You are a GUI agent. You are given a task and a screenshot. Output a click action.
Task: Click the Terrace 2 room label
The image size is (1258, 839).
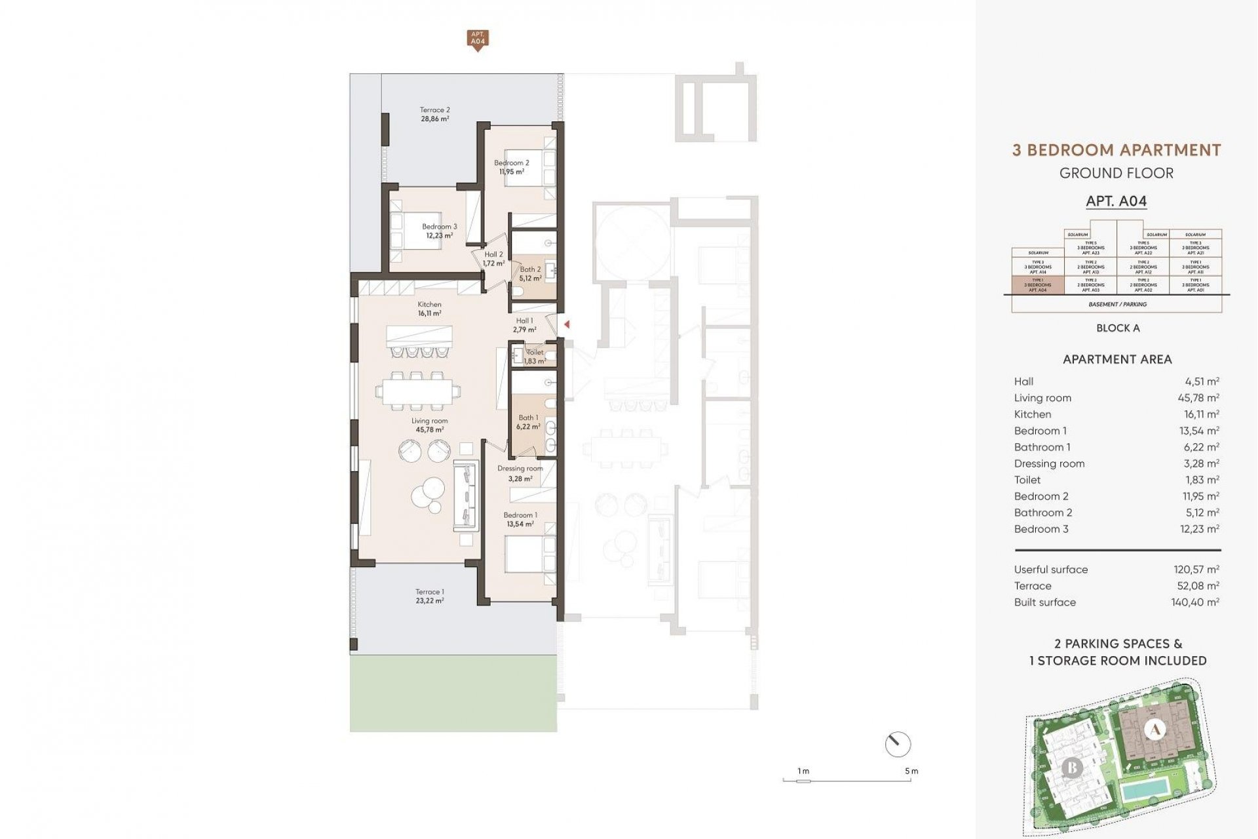coord(434,110)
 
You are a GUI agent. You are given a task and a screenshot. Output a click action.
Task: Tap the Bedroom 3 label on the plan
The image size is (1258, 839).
coord(439,227)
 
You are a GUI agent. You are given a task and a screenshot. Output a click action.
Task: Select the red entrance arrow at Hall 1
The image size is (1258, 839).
coord(567,324)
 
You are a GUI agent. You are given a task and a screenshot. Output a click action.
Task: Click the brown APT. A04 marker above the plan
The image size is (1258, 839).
coord(478,39)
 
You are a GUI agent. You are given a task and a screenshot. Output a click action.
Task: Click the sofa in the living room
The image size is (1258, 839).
coord(465,496)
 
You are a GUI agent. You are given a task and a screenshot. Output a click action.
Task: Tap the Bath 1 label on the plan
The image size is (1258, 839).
coord(527,418)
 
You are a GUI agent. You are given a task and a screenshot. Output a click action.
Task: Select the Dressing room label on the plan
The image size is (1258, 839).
coord(520,469)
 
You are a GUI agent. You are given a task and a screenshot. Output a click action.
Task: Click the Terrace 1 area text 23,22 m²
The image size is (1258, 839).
coord(429,601)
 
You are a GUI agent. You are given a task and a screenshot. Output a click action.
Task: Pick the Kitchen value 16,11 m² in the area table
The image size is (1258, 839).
coord(1200,414)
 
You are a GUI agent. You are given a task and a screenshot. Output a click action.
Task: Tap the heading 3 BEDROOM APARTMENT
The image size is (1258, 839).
coord(1116,150)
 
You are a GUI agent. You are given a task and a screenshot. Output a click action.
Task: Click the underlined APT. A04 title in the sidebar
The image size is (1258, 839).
coord(1116,201)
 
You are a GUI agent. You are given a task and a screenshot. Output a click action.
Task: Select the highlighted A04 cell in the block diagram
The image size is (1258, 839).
coord(1038,285)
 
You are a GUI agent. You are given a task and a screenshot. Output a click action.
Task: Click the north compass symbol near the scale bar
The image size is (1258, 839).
coord(898,745)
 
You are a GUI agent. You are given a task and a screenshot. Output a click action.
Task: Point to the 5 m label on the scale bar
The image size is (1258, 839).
coord(911,771)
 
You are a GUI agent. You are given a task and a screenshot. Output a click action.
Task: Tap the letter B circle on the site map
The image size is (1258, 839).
coord(1072,767)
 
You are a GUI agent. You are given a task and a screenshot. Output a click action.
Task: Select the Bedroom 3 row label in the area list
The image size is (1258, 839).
coord(1041,529)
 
